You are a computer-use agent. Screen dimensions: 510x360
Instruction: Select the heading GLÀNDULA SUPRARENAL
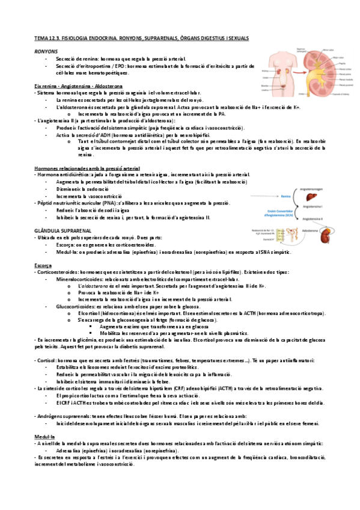[x=59, y=230]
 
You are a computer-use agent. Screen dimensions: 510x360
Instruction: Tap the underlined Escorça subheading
[x=44, y=265]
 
